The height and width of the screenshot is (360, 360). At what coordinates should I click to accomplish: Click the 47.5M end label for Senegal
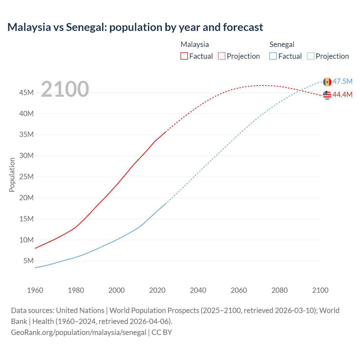[x=342, y=82]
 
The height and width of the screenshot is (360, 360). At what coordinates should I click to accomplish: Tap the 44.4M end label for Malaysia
[x=342, y=95]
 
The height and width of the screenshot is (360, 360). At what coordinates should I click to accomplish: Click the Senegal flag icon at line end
[x=327, y=82]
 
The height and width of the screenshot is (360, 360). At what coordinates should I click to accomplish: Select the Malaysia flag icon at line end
[x=327, y=95]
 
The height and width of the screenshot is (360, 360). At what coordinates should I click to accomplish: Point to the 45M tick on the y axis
[x=26, y=93]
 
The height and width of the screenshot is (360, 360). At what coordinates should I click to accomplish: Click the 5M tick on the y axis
[x=28, y=261]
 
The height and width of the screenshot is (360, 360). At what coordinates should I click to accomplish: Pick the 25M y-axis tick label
[x=26, y=177]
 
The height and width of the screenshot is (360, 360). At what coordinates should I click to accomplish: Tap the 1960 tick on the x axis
[x=35, y=290]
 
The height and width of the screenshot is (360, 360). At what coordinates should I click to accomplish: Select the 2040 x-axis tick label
[x=198, y=290]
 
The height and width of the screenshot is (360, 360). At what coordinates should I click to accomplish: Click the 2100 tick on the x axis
[x=320, y=290]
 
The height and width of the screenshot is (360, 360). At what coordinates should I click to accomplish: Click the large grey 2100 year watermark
[x=65, y=89]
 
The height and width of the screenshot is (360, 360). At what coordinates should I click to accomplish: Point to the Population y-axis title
[x=12, y=175]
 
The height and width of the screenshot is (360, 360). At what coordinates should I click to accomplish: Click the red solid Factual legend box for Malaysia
[x=184, y=56]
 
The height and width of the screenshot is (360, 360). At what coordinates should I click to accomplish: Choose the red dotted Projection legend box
[x=222, y=56]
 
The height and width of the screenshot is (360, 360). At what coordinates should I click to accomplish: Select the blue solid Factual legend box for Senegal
[x=273, y=56]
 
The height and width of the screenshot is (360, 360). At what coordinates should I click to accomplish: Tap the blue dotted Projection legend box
[x=310, y=56]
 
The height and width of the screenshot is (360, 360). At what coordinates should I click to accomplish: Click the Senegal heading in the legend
[x=282, y=44]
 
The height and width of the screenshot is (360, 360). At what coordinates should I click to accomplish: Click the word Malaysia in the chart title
[x=29, y=27]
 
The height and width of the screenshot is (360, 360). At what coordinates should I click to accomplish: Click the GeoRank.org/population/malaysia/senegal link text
[x=78, y=332]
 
